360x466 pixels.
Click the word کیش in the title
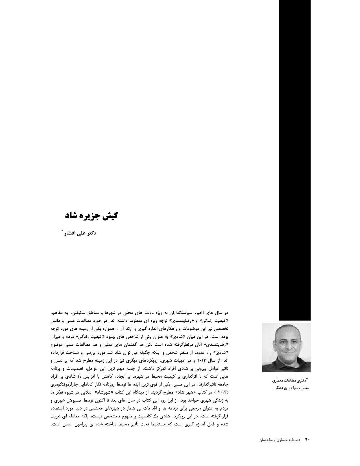pos(110,215)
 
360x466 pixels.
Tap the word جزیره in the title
pos(90,215)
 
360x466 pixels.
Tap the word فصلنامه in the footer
pos(297,440)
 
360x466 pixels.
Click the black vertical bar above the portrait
pos(294,158)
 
